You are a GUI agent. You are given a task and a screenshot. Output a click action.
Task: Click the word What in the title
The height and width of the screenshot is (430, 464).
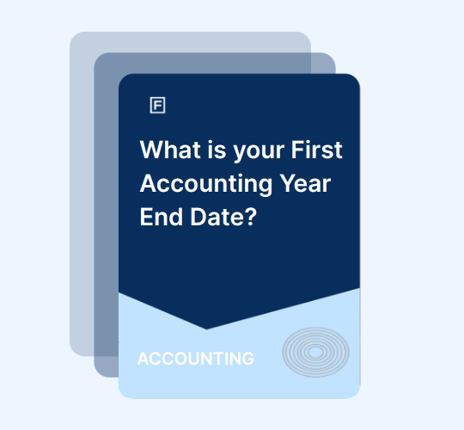(x=171, y=150)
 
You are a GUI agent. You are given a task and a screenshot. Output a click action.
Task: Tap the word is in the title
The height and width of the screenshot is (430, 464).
(x=217, y=150)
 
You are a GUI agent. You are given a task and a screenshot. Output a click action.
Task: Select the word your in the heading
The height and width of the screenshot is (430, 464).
(x=259, y=153)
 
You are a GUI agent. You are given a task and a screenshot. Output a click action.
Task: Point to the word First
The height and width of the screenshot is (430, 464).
(x=316, y=150)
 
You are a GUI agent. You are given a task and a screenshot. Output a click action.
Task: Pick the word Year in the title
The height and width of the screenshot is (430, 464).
(x=305, y=183)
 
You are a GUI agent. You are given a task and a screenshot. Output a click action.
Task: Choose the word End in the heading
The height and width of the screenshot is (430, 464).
(x=162, y=217)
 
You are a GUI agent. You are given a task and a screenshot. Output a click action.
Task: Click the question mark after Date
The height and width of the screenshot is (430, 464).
(x=251, y=217)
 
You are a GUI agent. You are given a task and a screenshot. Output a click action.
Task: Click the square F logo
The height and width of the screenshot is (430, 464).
(x=158, y=105)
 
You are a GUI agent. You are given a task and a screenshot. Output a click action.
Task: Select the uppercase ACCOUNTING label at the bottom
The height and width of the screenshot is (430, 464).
(x=196, y=359)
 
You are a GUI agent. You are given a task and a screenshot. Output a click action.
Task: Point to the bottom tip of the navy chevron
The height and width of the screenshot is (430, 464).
(x=206, y=329)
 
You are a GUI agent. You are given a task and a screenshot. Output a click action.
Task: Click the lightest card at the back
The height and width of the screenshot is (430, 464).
(x=82, y=193)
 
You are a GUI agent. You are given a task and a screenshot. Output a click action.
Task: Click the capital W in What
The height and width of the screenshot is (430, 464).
(x=152, y=150)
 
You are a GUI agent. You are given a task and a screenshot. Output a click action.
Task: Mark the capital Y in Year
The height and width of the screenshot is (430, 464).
(x=288, y=183)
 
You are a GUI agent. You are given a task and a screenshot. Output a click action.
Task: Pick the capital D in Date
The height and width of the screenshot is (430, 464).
(x=198, y=217)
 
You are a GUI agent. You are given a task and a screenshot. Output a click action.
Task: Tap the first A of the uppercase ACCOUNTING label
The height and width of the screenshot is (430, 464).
(x=143, y=359)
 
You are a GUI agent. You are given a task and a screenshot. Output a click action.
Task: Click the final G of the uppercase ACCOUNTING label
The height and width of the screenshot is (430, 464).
(x=248, y=359)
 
